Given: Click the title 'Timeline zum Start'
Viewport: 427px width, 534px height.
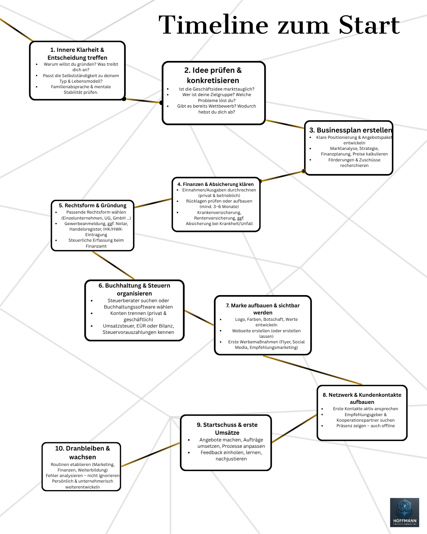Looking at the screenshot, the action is coord(279,25).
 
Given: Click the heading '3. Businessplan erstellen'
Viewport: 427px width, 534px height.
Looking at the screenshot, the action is coord(351,130).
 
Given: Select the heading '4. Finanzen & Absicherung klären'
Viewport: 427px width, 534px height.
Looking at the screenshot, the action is coord(215,184).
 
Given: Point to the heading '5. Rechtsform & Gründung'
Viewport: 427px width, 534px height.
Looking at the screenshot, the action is coord(93,205).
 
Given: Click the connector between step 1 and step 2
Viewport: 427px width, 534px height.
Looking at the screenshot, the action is coord(143,101).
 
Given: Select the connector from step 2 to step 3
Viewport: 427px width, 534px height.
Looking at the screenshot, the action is coord(285,124).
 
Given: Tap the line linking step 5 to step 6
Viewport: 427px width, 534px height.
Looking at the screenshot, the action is coord(113,265).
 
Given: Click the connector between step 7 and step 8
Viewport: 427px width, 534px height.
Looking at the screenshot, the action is coord(313,370).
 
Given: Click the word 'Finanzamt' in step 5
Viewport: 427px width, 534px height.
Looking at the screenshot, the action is coord(96,246).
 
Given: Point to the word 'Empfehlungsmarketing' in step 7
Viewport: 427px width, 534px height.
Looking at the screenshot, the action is coord(274,347).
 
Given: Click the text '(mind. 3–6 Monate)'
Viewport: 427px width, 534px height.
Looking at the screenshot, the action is coord(219,206).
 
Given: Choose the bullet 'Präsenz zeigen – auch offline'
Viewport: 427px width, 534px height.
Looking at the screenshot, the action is coord(365,426).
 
